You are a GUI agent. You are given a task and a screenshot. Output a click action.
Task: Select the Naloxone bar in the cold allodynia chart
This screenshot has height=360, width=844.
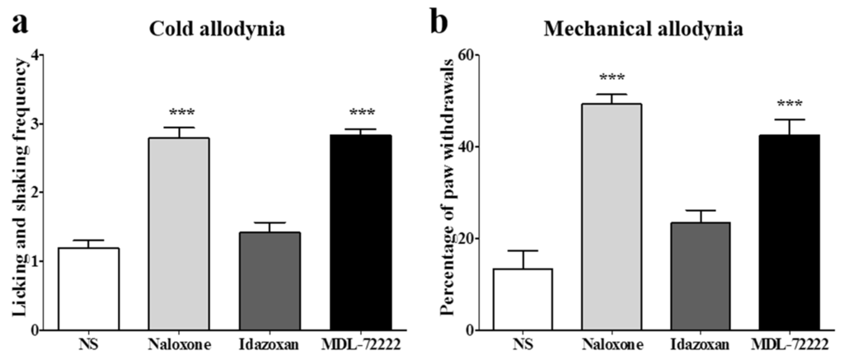[x=179, y=234]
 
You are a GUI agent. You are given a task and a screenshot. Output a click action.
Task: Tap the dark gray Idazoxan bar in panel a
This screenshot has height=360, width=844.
[x=269, y=281]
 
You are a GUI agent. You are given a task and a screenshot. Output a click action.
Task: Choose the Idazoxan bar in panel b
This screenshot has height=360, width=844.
[x=699, y=276]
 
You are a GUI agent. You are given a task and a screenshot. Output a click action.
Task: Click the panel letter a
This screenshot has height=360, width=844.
[x=17, y=22]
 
